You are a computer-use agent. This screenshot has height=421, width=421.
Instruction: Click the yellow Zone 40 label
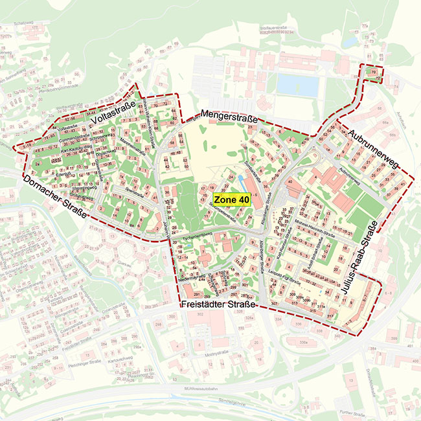point(231,200)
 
